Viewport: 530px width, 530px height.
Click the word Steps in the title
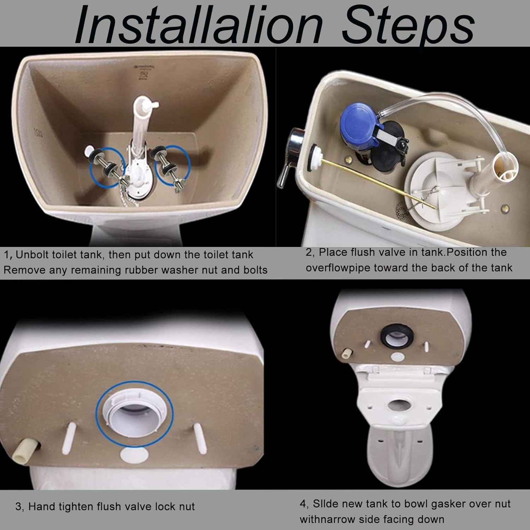click(408, 25)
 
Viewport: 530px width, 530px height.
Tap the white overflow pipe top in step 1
click(145, 105)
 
